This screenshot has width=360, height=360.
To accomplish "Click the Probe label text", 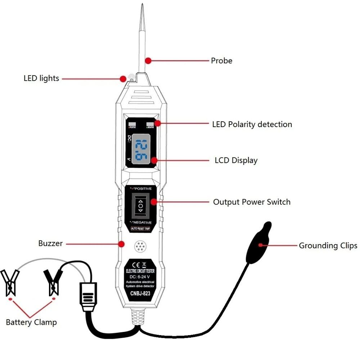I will (x=221, y=61).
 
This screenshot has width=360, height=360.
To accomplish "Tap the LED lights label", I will (x=41, y=78).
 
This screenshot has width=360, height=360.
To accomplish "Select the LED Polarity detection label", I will (x=252, y=125).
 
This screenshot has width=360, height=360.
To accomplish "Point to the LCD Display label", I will (x=236, y=160).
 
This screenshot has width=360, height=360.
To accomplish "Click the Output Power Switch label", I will (x=252, y=202).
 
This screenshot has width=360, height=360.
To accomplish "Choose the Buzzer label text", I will (x=50, y=243).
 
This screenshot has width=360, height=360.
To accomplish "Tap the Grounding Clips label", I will (x=328, y=246).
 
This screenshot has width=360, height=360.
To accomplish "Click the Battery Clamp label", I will (x=31, y=322).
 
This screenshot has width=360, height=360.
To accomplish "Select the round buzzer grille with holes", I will (x=140, y=247).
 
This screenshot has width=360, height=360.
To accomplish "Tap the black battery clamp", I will (x=53, y=280).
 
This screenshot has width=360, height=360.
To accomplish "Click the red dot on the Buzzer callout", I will (x=121, y=244).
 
